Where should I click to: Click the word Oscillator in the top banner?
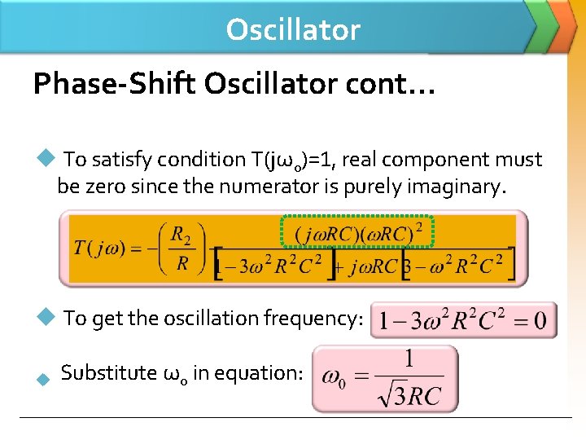click(293, 29)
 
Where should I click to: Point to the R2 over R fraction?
click(181, 249)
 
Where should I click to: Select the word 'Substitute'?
click(109, 373)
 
